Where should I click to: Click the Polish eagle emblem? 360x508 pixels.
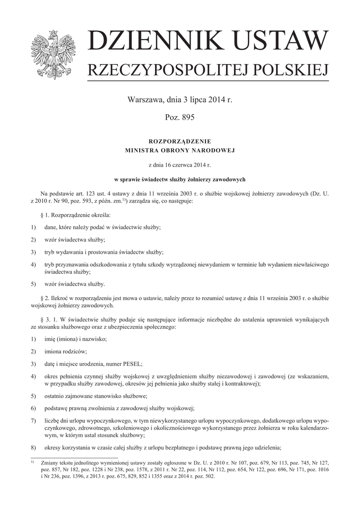point(52,54)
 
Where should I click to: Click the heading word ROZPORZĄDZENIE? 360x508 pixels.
point(180,141)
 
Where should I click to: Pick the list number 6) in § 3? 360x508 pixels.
point(33,408)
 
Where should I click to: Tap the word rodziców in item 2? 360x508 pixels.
point(74,351)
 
